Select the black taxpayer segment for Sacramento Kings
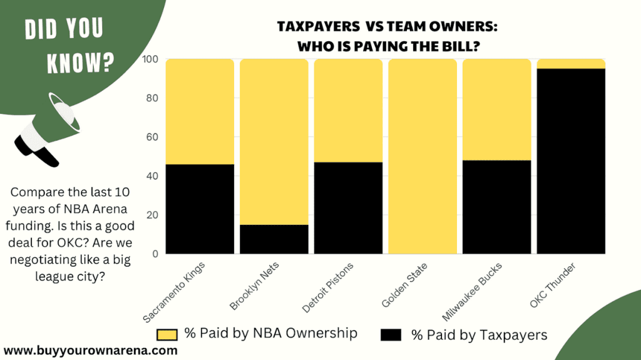point(200,208)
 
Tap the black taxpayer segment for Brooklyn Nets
point(274,239)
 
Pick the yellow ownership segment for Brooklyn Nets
point(274,141)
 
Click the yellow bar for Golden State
point(423,157)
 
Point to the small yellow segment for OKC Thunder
point(572,64)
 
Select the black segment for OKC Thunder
point(572,161)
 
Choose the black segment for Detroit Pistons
point(348,207)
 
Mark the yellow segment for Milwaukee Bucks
point(497,110)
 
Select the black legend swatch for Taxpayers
point(391,334)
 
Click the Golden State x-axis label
point(403,285)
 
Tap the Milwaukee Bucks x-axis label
point(478,288)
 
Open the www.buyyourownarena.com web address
point(90,351)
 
